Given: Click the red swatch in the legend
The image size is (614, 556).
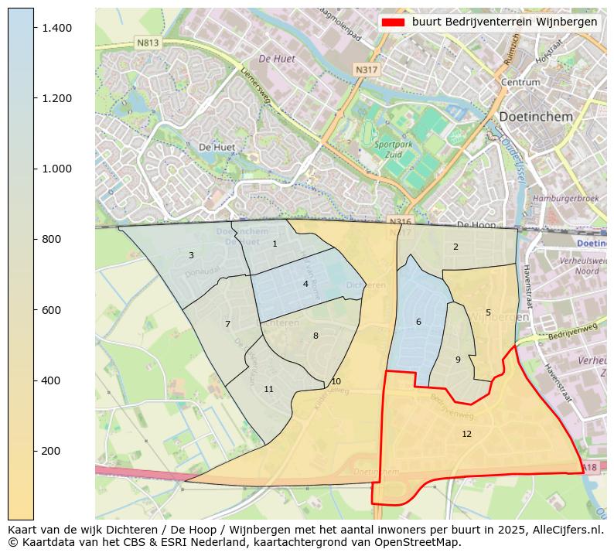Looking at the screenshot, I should coord(393,22).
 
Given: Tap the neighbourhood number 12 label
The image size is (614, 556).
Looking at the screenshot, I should coord(466,434).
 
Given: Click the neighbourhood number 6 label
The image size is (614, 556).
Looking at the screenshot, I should coord(418,322).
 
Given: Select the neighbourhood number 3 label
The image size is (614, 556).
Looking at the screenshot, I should coord(191,255).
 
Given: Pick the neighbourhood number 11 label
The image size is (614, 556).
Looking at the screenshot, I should coord(268,389).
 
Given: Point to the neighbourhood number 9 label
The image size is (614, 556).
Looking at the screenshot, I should coord(458,360).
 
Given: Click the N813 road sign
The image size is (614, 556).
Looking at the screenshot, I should coord(147,43).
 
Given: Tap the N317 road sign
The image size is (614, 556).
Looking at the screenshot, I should coord(366,70).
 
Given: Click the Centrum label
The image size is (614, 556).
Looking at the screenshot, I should coord(520,82).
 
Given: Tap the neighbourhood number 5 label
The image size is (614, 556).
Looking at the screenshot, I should coord(488,312).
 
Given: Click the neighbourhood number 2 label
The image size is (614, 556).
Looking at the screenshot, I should coord(455,247).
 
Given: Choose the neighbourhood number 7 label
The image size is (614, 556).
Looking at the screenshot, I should coord(227,324).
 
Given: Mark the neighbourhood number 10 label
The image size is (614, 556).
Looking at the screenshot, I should coord(336,381).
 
